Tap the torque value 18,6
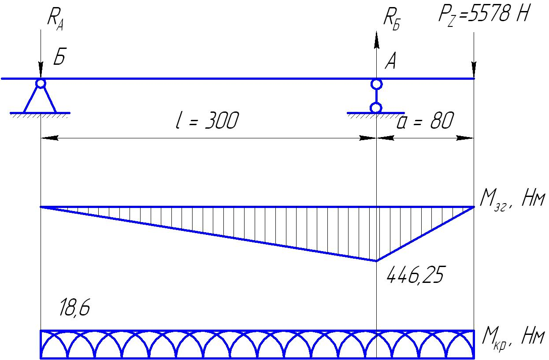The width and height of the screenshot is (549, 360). (74, 309)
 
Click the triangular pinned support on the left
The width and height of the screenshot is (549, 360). (40, 99)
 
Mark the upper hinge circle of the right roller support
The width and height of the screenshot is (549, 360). (376, 84)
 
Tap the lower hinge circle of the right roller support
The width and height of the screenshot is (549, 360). (376, 108)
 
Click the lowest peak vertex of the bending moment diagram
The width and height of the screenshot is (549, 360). (376, 261)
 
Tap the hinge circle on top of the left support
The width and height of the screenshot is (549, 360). (41, 83)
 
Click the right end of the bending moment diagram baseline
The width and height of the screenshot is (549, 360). (474, 207)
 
